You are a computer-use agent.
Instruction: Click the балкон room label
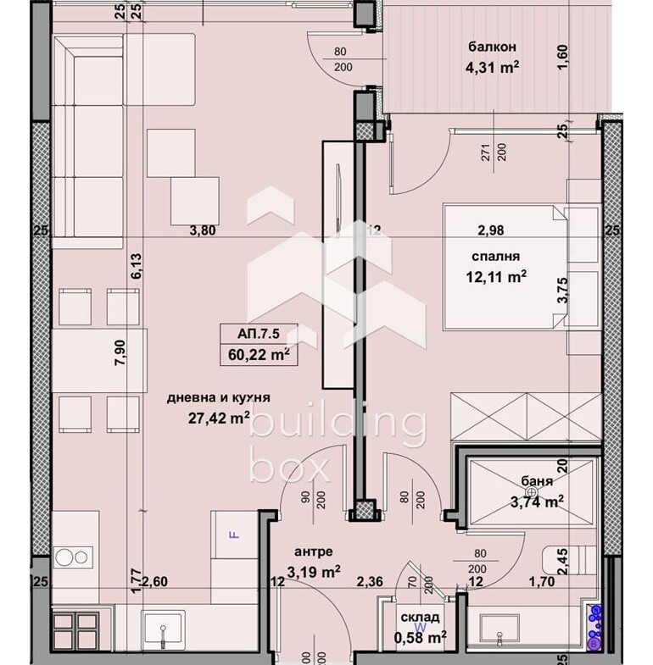492,47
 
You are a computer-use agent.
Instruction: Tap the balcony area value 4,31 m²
492,67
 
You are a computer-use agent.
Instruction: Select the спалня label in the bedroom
496,256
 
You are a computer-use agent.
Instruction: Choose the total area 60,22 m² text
258,354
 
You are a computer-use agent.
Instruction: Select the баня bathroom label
537,482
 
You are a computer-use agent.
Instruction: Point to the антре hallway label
310,551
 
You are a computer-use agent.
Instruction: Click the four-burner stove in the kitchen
75,631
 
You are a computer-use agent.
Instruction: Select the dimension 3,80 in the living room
202,229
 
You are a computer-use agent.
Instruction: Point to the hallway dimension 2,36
371,581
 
